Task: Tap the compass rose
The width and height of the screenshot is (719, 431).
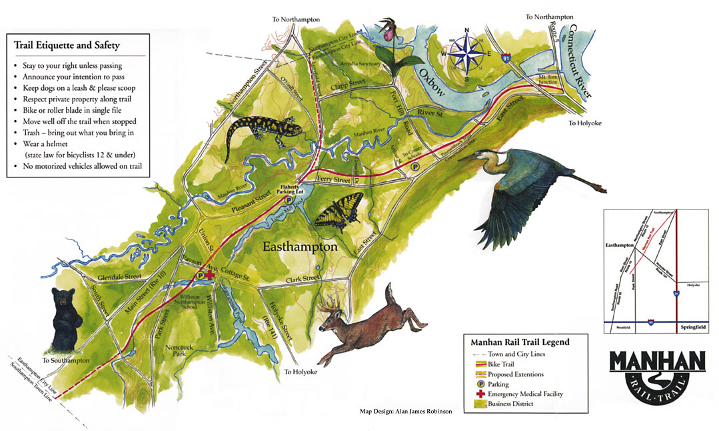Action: tap(467, 53)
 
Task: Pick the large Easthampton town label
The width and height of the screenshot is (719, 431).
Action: tap(300, 247)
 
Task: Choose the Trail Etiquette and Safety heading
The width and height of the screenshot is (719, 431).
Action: tap(67, 45)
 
